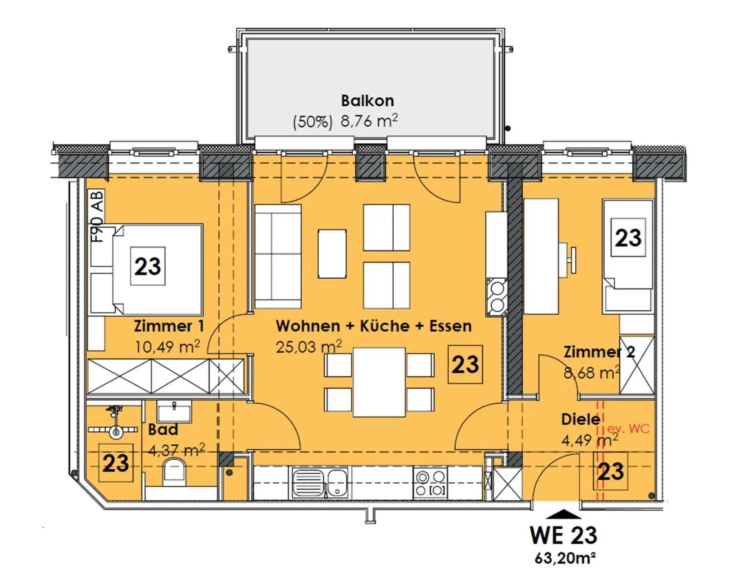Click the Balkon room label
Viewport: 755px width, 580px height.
click(x=367, y=101)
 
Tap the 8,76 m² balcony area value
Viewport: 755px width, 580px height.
click(x=369, y=121)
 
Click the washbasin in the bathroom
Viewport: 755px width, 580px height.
click(x=174, y=412)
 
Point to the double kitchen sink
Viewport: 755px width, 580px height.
click(x=320, y=483)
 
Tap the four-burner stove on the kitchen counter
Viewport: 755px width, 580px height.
click(x=430, y=483)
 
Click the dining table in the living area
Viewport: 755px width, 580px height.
click(x=379, y=382)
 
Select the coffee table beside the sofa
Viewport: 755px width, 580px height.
click(x=332, y=254)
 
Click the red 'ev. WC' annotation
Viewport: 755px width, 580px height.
click(x=628, y=429)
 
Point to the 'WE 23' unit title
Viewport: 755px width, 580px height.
click(x=563, y=535)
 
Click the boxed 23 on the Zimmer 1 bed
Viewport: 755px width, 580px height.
click(x=148, y=266)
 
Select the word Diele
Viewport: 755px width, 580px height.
click(x=581, y=419)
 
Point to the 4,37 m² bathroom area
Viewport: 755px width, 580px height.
click(x=176, y=451)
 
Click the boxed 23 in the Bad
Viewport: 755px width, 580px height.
click(x=116, y=463)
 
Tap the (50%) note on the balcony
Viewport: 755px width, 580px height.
click(x=313, y=122)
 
